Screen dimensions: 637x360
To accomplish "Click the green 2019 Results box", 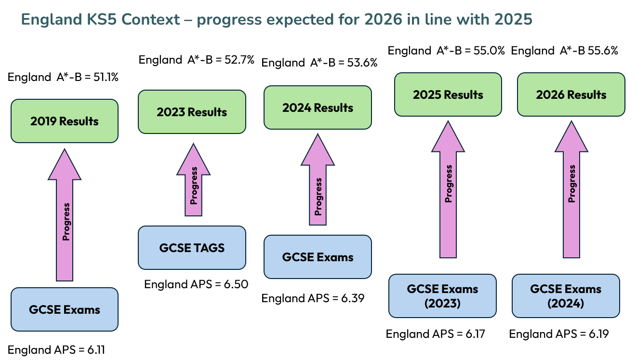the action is point(65,121).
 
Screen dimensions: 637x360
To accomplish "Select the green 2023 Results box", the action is point(192,112).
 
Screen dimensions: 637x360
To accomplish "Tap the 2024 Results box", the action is point(318,107).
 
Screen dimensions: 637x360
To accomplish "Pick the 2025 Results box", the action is point(448,94).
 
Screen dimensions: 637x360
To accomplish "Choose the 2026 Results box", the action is point(571,94).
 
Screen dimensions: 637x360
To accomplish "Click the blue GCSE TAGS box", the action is point(192,248).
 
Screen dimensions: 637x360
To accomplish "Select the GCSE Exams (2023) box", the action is point(442,296).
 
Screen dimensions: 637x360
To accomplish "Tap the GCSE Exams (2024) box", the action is point(566,296).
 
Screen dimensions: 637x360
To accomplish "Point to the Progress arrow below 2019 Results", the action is point(65,215).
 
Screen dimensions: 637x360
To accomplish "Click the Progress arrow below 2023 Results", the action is point(193,180).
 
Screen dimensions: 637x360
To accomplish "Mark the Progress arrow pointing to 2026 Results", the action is point(571,189).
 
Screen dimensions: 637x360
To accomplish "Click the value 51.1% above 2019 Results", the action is point(106,77).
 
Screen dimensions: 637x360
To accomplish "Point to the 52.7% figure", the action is point(239,60).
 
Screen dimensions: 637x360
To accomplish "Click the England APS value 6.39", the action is point(353,298).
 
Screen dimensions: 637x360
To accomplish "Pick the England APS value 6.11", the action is point(96,349).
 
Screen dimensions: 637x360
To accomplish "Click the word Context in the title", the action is point(151,19).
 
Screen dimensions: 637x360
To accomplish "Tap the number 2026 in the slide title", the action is point(384,19).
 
